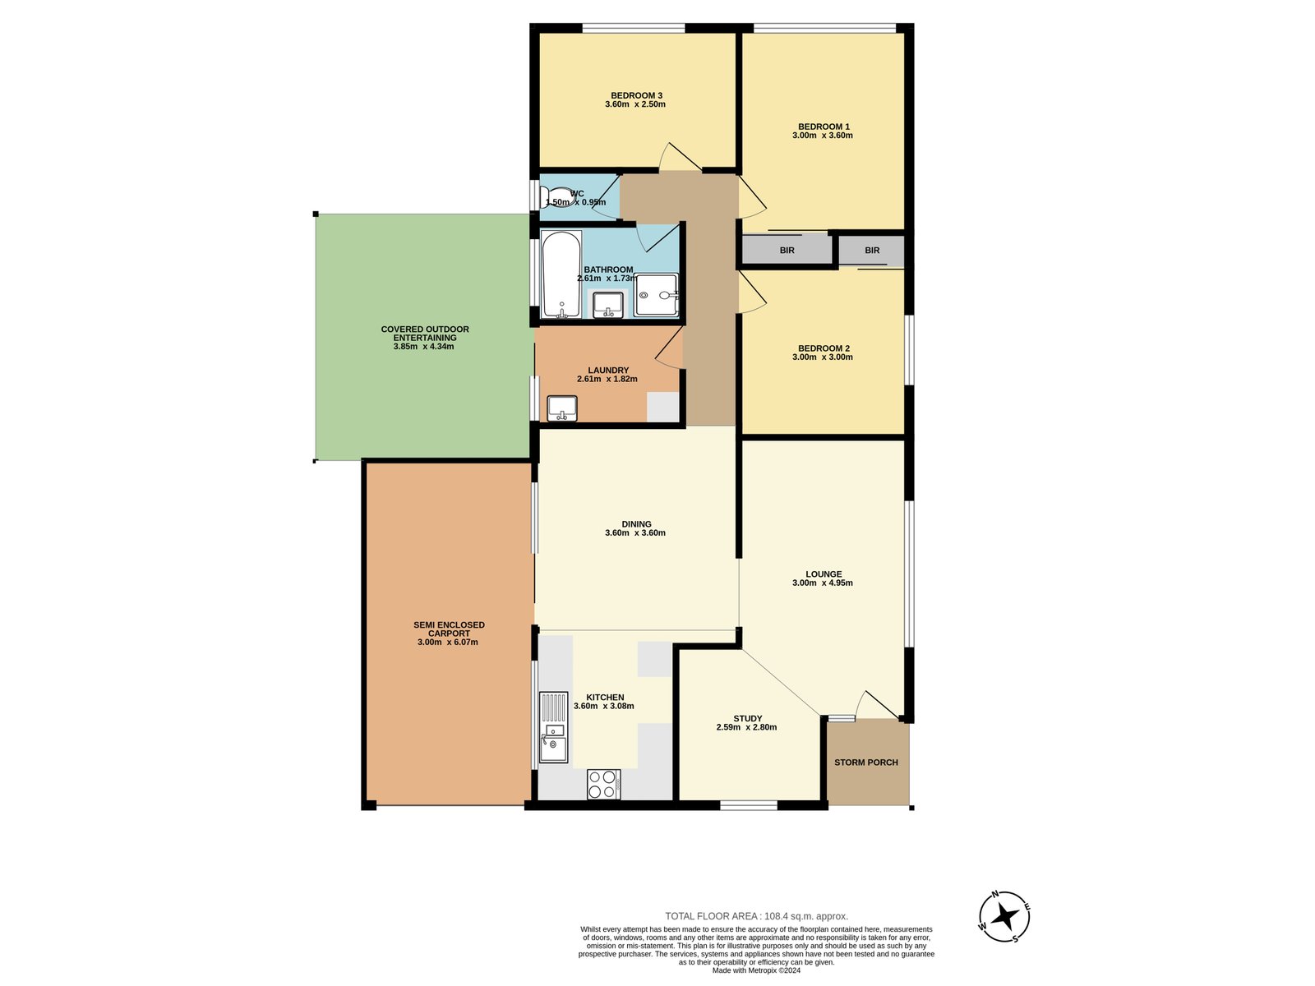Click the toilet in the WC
pos(556,196)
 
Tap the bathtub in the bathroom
pos(561,274)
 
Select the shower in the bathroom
pos(657,294)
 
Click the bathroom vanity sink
pos(608,304)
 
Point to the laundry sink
pos(562,408)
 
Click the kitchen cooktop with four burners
pos(603,784)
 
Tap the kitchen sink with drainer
pos(554,727)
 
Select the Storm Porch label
pos(865,763)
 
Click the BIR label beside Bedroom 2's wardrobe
pos(872,251)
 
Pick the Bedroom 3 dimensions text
pos(635,104)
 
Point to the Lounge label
pos(824,574)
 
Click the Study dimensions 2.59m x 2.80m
pos(746,727)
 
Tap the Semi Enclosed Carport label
pos(449,629)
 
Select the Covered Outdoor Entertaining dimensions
pos(423,347)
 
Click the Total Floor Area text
pos(757,916)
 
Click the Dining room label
pos(636,524)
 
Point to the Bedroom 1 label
pos(824,127)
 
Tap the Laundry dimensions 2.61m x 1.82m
pos(607,379)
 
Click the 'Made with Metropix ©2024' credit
pos(756,970)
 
